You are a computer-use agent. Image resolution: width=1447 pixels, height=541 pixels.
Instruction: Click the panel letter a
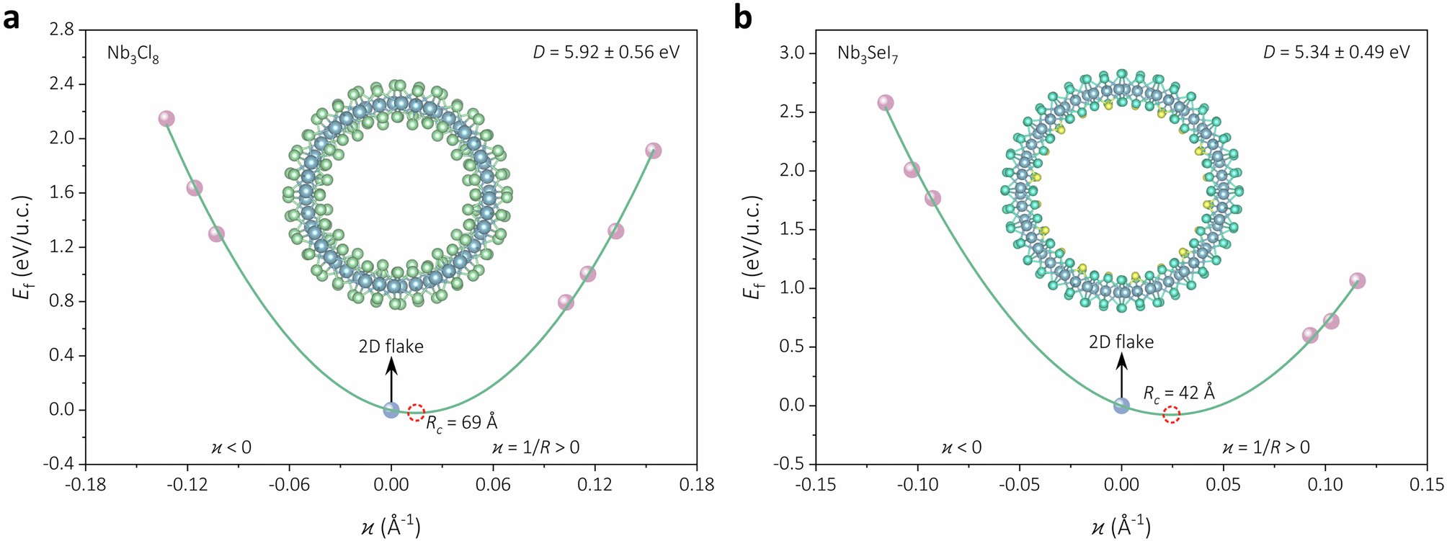tap(12, 17)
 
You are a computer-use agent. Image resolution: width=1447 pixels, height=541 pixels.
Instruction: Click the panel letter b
tap(743, 17)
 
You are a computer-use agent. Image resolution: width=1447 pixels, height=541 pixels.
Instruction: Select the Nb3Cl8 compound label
tap(133, 54)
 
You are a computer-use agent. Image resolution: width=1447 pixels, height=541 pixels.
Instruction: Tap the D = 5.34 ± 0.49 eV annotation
tap(1336, 52)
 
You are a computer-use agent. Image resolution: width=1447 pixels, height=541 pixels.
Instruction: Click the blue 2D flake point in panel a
tap(391, 410)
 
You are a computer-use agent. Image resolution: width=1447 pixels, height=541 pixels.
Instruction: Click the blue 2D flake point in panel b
tap(1121, 406)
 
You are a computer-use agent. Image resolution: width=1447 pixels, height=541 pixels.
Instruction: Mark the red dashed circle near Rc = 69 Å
tap(416, 412)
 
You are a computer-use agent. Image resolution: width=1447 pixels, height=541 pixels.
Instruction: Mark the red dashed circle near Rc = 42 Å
tap(1172, 414)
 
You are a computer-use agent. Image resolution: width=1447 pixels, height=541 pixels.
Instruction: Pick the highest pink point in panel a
tap(166, 119)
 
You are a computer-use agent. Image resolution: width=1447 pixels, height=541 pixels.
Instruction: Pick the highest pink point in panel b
tap(886, 102)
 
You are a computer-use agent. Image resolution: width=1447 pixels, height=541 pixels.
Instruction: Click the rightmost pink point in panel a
tap(654, 151)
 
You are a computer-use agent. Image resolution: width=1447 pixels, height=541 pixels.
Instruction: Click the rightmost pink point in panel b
tap(1357, 281)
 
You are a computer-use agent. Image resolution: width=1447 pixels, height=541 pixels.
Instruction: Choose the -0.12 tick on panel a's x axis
tap(187, 484)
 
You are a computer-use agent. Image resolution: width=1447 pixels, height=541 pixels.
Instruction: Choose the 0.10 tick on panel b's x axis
tap(1325, 484)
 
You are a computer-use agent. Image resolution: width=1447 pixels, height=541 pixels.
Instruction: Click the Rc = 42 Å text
tap(1179, 393)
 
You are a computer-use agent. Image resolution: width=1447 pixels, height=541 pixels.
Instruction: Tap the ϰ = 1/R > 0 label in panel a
tap(535, 447)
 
